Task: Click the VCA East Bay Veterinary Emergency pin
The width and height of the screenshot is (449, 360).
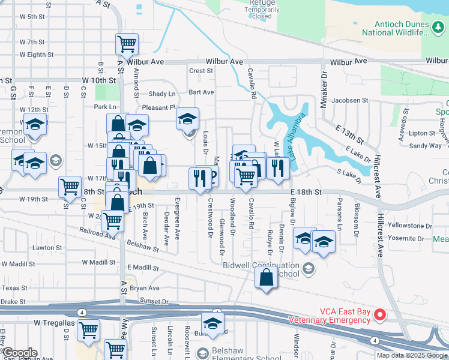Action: click(379, 314)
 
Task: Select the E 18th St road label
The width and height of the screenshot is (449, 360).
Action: click(306, 191)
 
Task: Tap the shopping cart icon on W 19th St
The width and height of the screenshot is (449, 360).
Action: click(70, 187)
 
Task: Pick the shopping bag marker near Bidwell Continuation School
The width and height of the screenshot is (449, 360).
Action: click(266, 278)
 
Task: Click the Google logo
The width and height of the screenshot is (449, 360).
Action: click(20, 353)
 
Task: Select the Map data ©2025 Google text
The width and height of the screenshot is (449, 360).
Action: click(411, 355)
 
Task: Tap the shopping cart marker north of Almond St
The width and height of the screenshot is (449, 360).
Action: click(127, 43)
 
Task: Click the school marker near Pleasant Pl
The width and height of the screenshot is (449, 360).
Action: click(188, 119)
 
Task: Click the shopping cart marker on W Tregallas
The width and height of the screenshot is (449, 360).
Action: click(88, 329)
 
